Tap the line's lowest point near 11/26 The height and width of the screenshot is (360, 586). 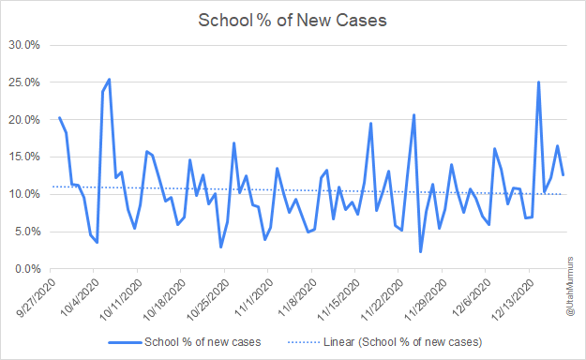click(x=421, y=251)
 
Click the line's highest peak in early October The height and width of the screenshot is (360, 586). click(x=110, y=80)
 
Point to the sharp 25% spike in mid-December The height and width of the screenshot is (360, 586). click(x=538, y=82)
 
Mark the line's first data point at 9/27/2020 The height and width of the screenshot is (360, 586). click(x=59, y=118)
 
